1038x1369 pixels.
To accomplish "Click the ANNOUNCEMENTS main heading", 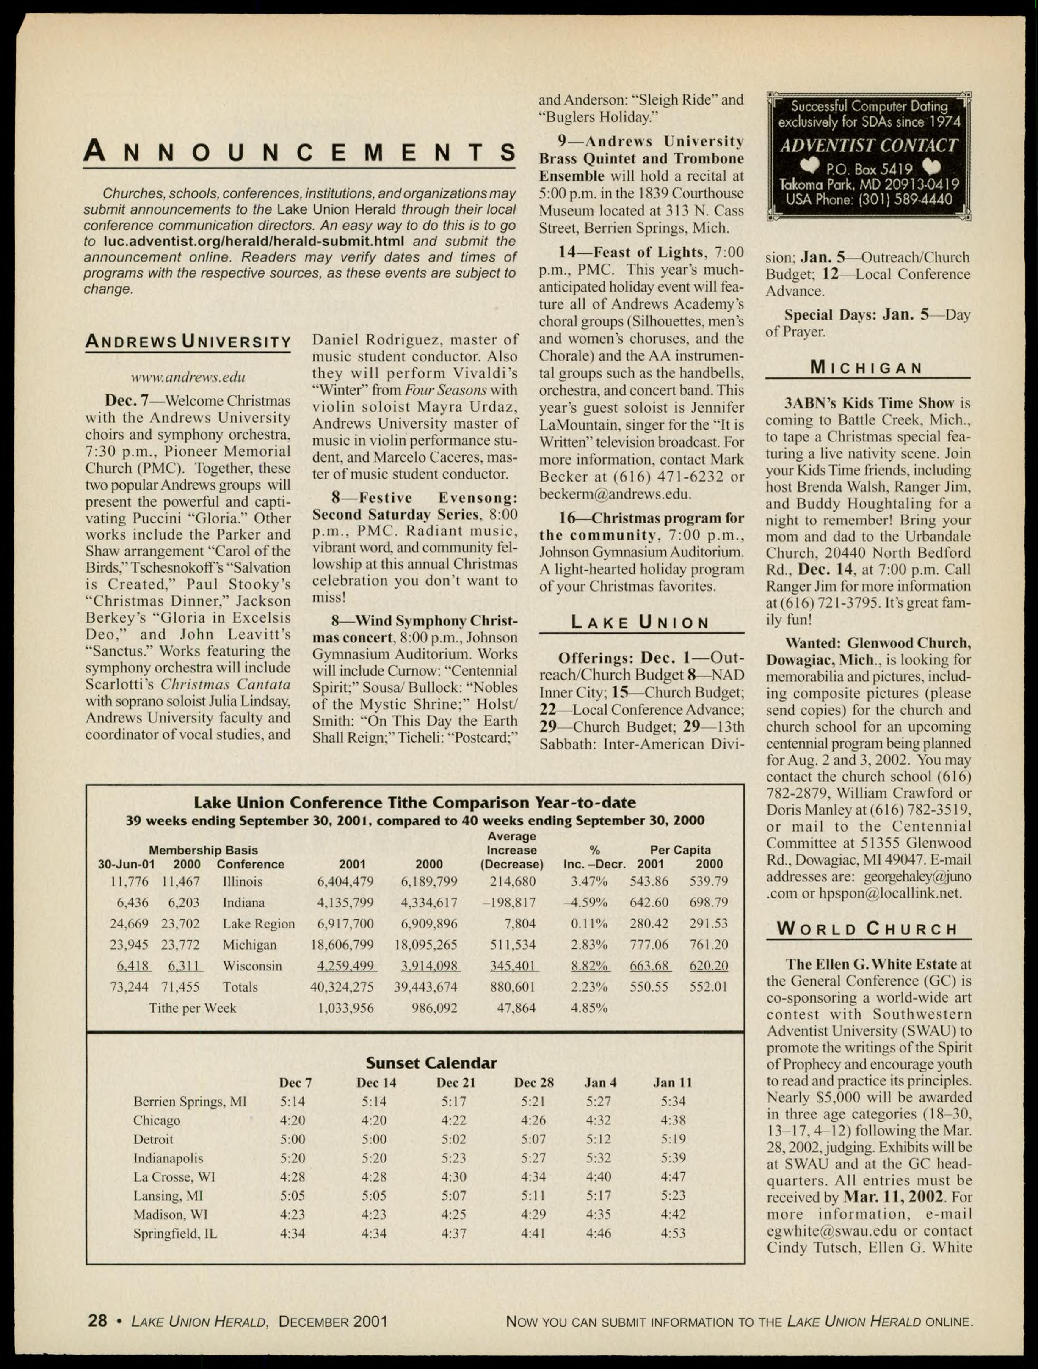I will coord(300,152).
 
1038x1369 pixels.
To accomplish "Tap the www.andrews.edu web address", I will coord(188,377).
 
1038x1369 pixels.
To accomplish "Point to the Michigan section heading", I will coord(867,368).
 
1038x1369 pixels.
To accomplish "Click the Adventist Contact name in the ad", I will coord(868,146).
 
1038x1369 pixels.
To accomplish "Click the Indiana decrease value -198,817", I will coord(509,902).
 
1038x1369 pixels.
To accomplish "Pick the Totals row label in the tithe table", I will coord(240,986).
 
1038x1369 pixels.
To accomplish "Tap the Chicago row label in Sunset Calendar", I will coord(157,1120).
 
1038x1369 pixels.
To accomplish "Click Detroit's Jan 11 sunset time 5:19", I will coord(673,1139).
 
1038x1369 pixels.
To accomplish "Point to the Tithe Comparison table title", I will coord(415,803).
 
